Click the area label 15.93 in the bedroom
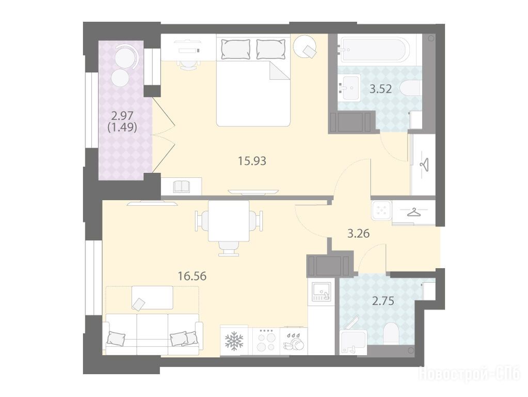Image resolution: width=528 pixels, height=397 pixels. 252,161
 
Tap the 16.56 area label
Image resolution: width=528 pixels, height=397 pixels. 192,276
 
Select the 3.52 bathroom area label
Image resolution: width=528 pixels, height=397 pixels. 381,89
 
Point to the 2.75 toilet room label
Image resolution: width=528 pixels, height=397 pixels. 383,300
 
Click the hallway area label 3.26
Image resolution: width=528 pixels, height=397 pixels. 359,233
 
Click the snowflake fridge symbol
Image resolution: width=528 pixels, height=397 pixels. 234,340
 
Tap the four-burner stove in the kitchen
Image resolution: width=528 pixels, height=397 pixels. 266,341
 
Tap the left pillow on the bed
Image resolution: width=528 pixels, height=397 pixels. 236,49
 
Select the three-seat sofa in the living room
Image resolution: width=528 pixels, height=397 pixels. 153,333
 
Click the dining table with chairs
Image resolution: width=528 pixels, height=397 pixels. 229,225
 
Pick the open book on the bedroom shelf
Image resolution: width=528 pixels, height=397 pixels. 182,187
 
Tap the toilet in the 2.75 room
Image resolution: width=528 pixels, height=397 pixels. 391,333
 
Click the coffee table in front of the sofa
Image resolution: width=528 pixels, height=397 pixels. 152,298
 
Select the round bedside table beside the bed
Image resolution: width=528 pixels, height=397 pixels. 305,48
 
